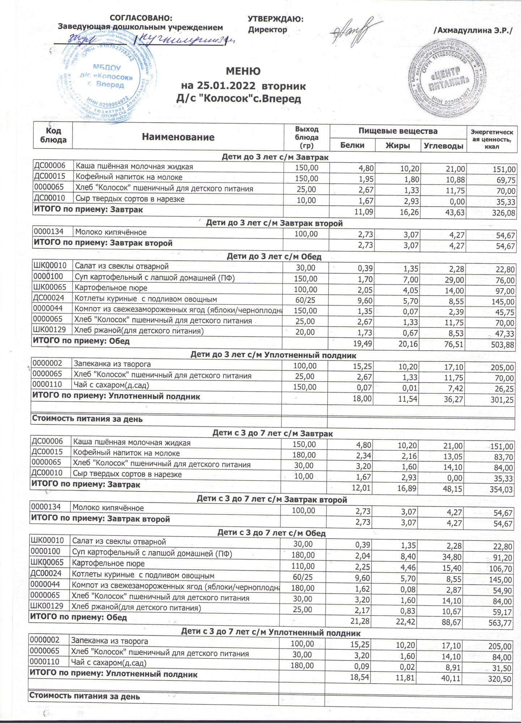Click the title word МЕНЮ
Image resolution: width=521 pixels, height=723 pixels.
point(243,71)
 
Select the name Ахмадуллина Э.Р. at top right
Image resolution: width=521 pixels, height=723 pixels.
point(473,31)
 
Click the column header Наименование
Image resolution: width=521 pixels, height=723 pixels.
point(178,137)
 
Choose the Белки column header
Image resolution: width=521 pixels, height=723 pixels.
point(353,145)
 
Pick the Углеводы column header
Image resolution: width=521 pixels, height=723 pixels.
point(444,146)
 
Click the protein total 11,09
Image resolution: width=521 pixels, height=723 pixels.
point(364,212)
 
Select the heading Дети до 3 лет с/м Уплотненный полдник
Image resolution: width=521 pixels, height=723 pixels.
point(273,355)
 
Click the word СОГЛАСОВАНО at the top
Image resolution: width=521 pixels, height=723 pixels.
point(141,18)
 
